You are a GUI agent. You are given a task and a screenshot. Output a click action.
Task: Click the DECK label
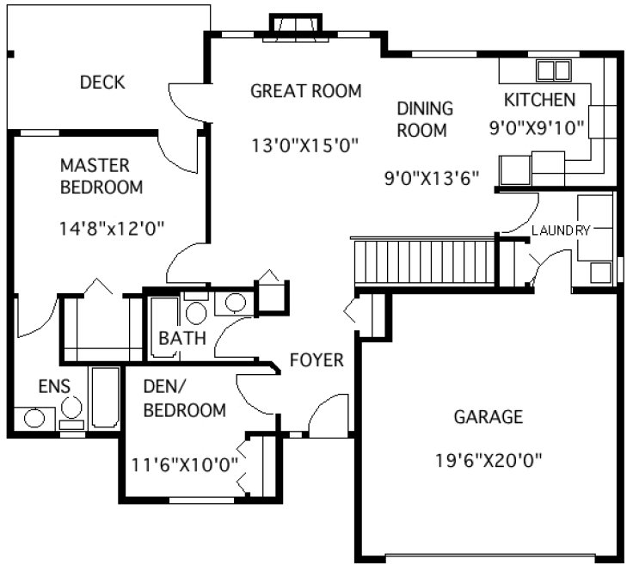click(x=102, y=83)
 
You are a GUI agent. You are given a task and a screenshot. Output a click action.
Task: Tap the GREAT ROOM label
click(x=305, y=90)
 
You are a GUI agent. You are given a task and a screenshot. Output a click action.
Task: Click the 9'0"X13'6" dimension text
click(x=431, y=178)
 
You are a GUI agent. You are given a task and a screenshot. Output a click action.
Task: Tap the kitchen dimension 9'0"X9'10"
click(x=537, y=127)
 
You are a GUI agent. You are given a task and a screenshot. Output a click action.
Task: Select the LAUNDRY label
click(x=561, y=230)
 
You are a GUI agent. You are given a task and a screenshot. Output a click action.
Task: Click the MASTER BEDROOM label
click(x=101, y=175)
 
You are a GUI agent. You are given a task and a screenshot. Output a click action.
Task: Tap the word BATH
click(x=181, y=338)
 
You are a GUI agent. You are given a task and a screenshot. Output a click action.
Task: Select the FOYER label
click(x=316, y=359)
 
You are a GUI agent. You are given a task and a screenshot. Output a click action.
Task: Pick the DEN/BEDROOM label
click(x=184, y=400)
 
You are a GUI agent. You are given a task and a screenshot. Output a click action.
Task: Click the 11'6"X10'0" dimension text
click(x=185, y=464)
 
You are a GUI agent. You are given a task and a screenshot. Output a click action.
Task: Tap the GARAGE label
click(x=488, y=417)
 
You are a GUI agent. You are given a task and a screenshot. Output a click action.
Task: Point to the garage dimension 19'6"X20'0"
click(x=489, y=458)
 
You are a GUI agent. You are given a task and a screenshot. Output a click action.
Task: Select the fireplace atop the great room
click(x=295, y=25)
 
